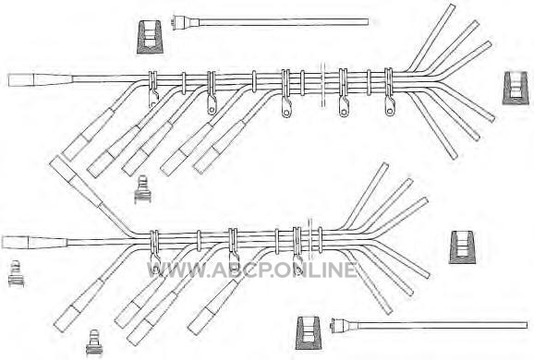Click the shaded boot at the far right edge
pos(516,88)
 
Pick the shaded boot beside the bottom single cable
pos(309,333)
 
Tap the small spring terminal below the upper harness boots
pos(142,189)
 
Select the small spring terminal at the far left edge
pos(16,273)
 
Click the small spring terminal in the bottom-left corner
pos(94,342)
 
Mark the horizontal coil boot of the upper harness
pos(40,79)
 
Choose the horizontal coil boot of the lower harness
pos(35,242)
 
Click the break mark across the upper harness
pos(322,85)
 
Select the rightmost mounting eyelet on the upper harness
pos(390,106)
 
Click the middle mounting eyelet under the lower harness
pos(234,260)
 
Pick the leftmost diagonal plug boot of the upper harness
pos(89,134)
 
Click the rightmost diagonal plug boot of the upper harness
pos(219,147)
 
